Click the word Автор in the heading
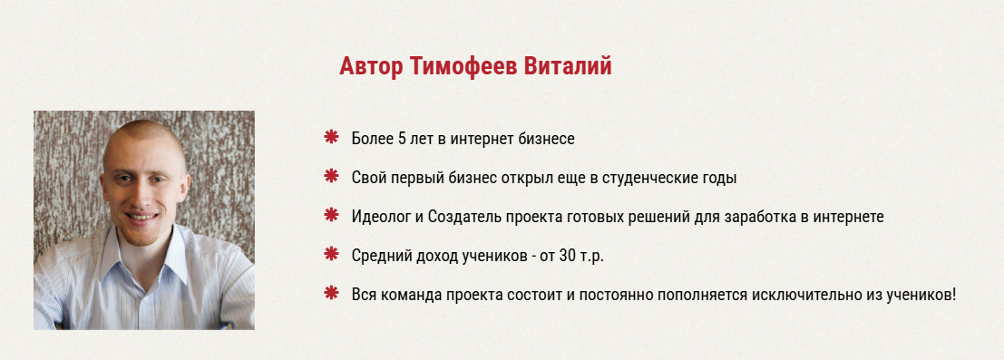coord(371,66)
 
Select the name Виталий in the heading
coord(569,66)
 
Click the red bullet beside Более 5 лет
coord(331,138)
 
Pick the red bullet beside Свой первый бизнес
coord(331,177)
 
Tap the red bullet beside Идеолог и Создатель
coord(331,216)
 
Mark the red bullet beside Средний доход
coord(331,255)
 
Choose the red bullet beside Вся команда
coord(331,294)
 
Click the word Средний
coord(379,256)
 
